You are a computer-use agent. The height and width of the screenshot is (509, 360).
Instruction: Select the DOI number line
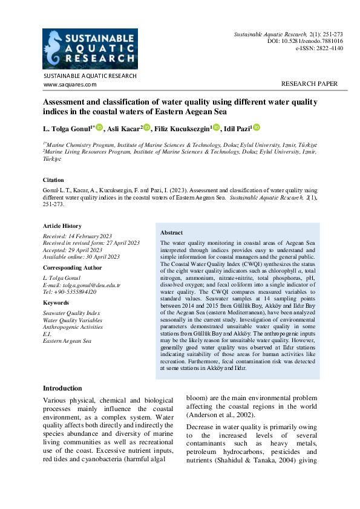305,41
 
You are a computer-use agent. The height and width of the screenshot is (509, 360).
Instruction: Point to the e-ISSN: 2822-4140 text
319,48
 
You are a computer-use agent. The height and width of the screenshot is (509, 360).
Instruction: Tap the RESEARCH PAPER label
310,84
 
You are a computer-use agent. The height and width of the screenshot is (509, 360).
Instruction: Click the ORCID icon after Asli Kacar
146,127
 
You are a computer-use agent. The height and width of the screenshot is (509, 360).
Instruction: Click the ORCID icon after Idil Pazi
256,127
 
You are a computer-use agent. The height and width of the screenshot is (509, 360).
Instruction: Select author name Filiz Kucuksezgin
182,128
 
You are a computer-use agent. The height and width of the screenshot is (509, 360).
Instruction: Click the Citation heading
53,180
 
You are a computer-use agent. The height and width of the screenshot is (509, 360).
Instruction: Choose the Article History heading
62,226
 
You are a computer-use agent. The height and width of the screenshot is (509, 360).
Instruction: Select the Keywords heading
56,303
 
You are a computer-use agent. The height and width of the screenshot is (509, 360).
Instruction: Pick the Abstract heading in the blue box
172,233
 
